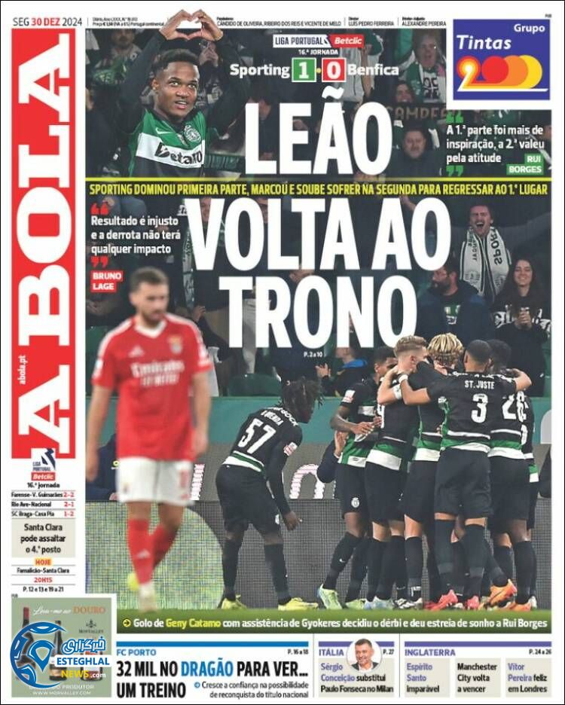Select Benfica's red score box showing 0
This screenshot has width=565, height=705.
tap(334, 71)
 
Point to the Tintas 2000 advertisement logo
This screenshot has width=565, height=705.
tap(500, 60)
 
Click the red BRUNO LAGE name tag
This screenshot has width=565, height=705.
tap(106, 281)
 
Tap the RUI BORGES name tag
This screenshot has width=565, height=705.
tap(524, 165)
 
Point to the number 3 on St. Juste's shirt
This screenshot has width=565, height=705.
tap(479, 407)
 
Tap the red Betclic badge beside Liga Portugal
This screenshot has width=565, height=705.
tap(347, 41)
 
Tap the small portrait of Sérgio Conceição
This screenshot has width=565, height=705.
tap(365, 655)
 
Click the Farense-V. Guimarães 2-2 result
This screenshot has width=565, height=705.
tap(43, 493)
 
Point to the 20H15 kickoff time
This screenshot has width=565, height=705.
tap(43, 570)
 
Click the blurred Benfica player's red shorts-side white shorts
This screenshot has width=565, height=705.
tap(154, 479)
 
